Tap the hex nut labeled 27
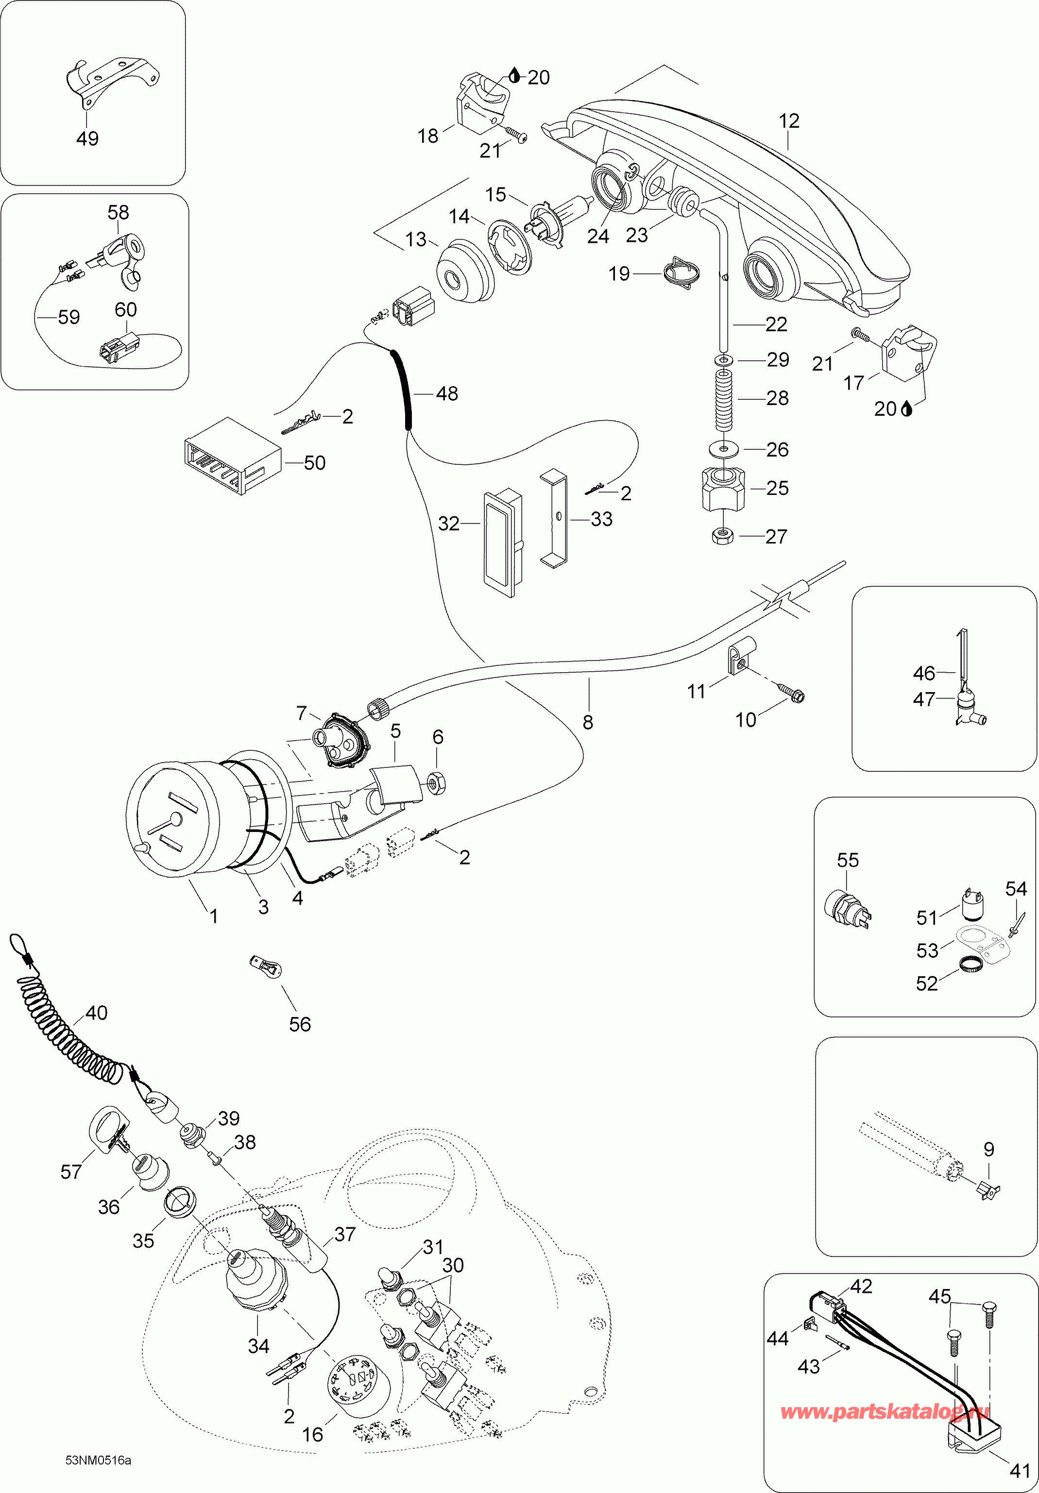723,536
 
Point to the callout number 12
789,121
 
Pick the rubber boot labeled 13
463,271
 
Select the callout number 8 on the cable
588,722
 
